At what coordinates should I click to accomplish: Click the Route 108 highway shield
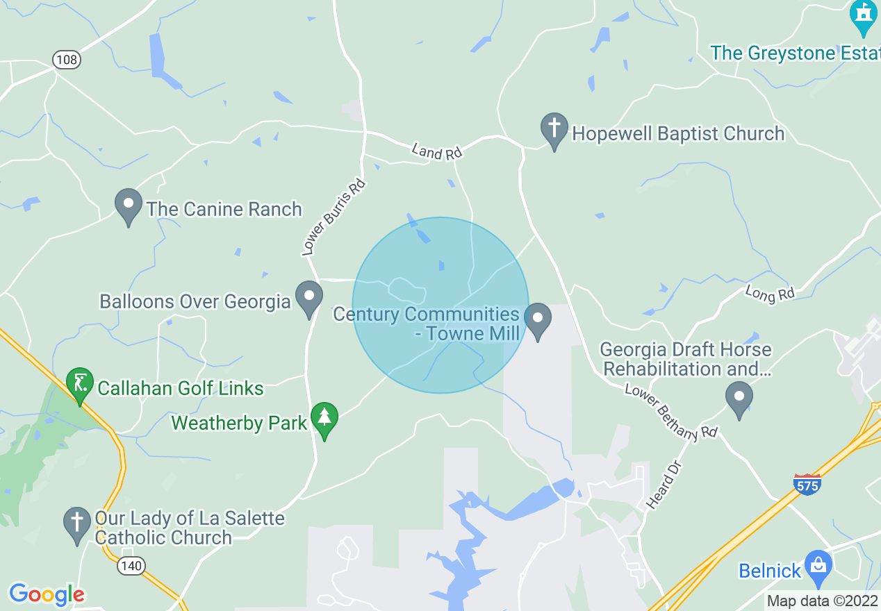point(67,60)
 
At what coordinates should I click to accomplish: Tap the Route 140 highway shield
point(131,565)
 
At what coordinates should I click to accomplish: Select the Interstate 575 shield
point(807,484)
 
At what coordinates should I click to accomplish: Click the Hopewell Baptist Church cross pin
point(554,130)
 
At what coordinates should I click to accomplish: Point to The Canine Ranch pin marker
point(129,206)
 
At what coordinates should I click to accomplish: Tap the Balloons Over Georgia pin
point(309,298)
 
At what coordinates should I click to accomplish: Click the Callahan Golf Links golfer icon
point(80,384)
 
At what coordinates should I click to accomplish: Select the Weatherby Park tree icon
point(324,419)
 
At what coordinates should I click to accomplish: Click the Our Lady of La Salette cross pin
point(76,524)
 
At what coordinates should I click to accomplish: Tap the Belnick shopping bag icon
point(818,567)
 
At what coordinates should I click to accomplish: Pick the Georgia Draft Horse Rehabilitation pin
point(739,398)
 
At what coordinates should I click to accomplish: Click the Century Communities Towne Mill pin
point(537,320)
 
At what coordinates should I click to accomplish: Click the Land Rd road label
point(437,151)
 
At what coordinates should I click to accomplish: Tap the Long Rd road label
point(770,294)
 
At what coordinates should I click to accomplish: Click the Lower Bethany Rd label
point(670,412)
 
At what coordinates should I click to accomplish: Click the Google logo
point(47,594)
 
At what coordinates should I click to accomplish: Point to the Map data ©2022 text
point(822,600)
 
